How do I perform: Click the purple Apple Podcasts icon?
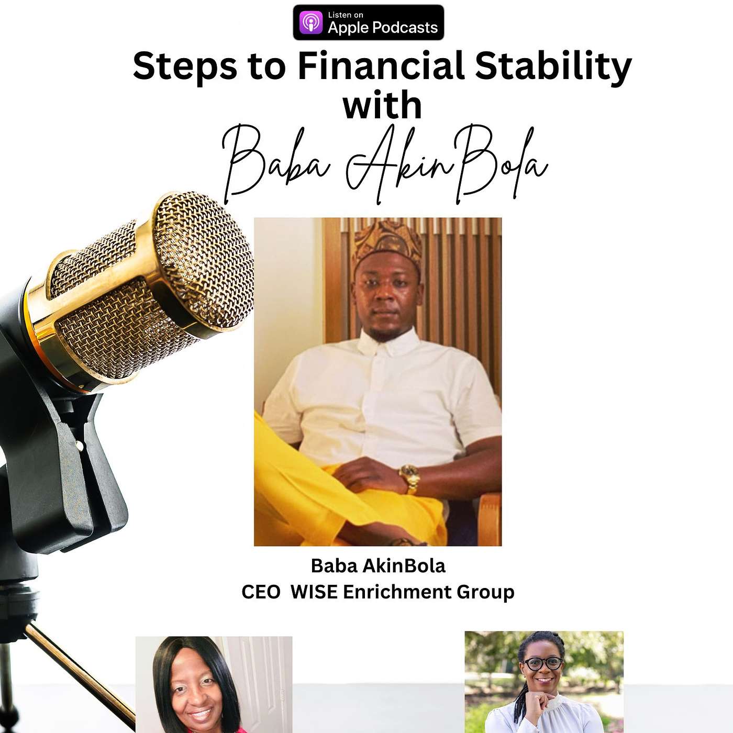point(310,23)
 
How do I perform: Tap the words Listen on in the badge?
point(346,15)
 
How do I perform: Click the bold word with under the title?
point(382,105)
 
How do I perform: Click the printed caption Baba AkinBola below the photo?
point(378,566)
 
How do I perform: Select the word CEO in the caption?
point(261,592)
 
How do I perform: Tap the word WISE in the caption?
point(314,592)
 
